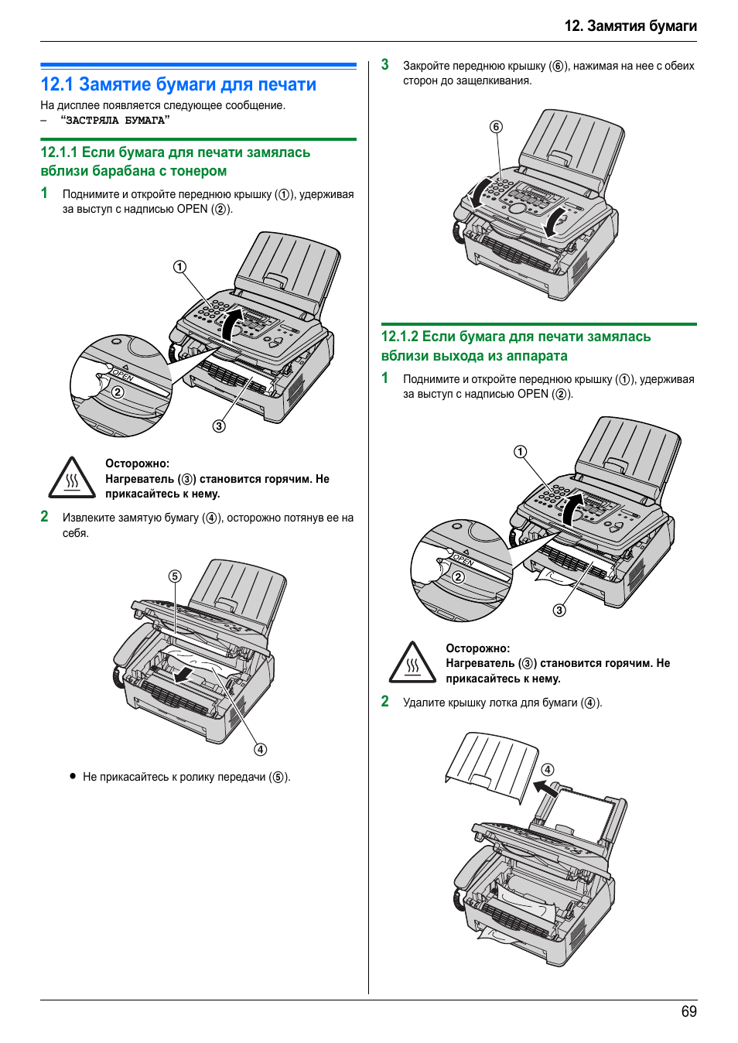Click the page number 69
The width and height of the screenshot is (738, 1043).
point(688,1011)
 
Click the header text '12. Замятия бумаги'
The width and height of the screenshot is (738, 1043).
point(630,26)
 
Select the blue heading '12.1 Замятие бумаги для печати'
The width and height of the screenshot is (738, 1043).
point(178,84)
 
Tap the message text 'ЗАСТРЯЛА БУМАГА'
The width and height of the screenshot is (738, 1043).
point(115,121)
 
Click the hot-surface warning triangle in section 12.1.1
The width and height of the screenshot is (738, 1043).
point(72,478)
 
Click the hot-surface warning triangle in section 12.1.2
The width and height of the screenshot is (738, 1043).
point(412,662)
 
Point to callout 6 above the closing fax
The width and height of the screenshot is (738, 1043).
point(496,127)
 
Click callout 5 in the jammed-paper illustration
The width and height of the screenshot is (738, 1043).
point(175,576)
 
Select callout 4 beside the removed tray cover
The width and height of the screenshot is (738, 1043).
point(548,769)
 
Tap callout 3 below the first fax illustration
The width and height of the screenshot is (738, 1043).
point(219,426)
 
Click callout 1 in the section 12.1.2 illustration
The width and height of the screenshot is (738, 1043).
point(520,452)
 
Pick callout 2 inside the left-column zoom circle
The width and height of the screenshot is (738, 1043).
point(118,392)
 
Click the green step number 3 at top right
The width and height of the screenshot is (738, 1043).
point(384,65)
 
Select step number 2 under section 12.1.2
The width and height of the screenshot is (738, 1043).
point(384,701)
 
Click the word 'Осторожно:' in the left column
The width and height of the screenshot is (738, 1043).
point(137,463)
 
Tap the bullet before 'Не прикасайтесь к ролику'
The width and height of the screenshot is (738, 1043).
point(73,775)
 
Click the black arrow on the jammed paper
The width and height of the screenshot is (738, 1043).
point(184,675)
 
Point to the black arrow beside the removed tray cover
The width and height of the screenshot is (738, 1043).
point(545,788)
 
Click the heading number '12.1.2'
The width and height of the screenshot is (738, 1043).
point(399,337)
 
